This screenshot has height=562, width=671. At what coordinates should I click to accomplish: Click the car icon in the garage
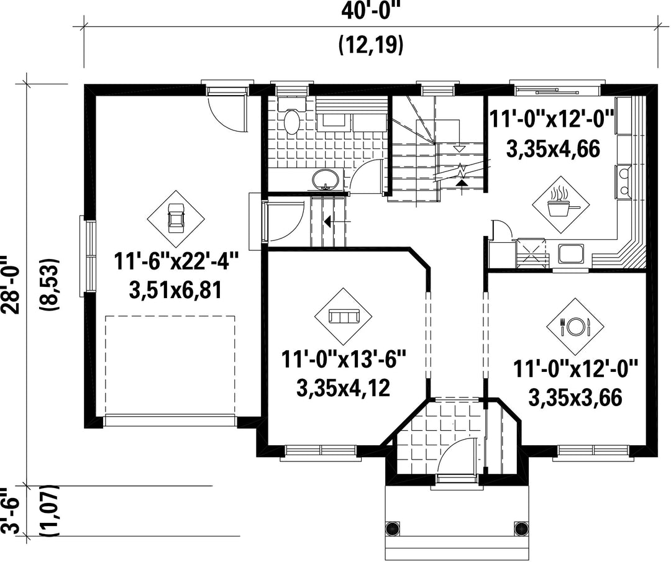[176, 218]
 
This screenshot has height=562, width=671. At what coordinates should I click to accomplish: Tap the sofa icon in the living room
[343, 316]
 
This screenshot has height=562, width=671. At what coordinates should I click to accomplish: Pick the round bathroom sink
[326, 179]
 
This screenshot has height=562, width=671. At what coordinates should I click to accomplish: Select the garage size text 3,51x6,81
[175, 291]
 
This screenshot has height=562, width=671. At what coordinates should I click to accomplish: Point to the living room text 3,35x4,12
[342, 389]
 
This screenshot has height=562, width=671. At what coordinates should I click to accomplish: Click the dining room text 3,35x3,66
[575, 397]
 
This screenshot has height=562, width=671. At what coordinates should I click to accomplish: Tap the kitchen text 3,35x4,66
[552, 149]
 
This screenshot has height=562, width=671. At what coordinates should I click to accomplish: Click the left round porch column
[392, 528]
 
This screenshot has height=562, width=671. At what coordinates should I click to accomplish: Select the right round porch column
[521, 528]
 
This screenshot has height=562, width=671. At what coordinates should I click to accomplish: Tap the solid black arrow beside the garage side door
[327, 222]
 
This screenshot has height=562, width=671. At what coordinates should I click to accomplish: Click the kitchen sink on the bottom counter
[571, 254]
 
